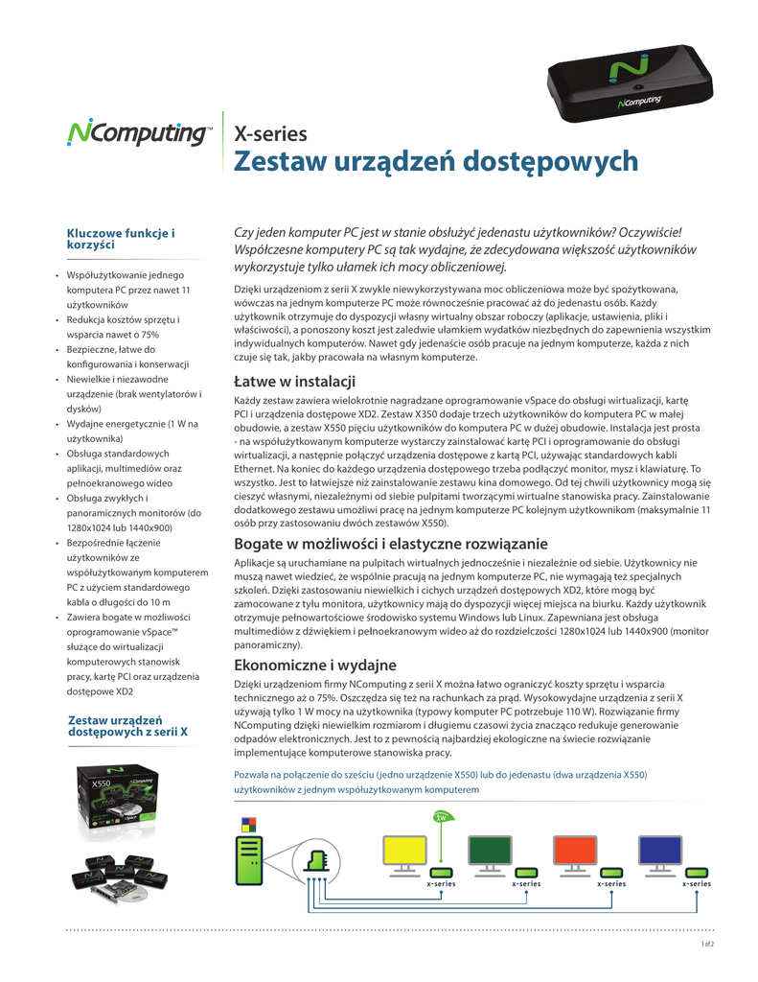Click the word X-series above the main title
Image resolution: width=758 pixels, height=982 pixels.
(x=271, y=133)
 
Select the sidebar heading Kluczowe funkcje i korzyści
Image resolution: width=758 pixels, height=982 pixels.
(x=120, y=239)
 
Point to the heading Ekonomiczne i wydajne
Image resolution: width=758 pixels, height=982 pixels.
(x=315, y=665)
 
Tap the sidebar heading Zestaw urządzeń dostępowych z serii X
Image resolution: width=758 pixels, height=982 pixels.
(x=127, y=725)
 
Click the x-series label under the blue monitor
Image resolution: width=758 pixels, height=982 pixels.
(x=696, y=883)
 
